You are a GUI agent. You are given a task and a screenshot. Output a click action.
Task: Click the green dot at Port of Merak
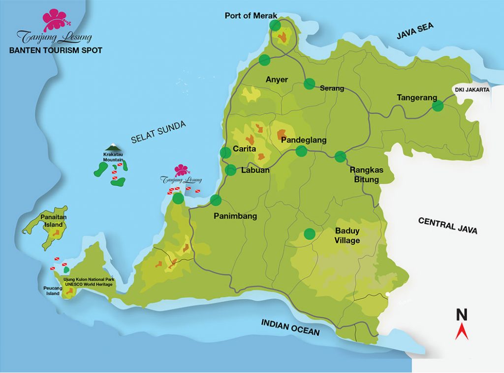coord(275,25)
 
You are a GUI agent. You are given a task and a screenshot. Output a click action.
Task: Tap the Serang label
coord(332,88)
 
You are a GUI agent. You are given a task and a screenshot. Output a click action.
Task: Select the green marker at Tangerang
coord(438,106)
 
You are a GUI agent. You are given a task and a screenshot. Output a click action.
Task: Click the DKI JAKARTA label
coord(471,89)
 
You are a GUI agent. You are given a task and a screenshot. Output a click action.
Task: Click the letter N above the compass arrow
coord(462,315)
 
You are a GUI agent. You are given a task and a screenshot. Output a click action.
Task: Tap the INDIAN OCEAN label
coord(290,327)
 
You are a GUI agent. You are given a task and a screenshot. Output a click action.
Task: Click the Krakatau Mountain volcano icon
coord(112,147)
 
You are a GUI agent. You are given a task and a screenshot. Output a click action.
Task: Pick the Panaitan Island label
coord(54,220)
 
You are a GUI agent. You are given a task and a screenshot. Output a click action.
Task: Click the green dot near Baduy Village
coord(309,234)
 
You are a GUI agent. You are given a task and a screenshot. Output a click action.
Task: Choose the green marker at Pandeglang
coord(301,151)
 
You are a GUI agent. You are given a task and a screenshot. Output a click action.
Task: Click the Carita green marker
coord(225,152)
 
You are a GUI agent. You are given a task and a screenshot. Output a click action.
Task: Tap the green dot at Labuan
coord(230,170)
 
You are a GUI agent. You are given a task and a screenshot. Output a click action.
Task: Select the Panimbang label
coord(235,216)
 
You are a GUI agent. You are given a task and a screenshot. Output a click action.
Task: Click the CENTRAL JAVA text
coord(447,226)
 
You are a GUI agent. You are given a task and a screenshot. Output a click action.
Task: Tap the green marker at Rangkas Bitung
coord(340,157)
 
